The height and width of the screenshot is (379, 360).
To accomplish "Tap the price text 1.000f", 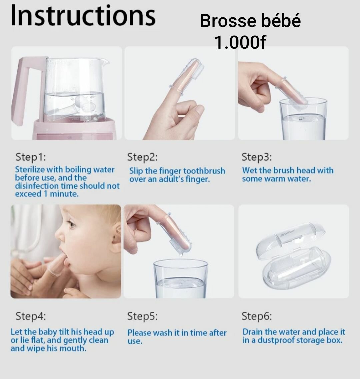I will click(x=240, y=42).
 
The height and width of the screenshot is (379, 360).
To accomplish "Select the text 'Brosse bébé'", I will click(x=250, y=21).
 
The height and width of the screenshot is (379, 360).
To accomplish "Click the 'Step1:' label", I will click(x=31, y=157).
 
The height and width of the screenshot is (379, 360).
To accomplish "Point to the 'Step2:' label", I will click(x=142, y=157).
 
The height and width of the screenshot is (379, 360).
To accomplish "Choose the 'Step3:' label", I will click(x=257, y=157).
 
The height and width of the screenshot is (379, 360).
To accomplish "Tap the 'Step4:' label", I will click(x=31, y=316).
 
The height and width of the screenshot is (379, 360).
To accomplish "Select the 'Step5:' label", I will click(x=142, y=316).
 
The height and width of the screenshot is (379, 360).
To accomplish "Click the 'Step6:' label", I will click(x=257, y=316).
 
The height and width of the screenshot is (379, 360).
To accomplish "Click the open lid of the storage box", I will click(x=290, y=238).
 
